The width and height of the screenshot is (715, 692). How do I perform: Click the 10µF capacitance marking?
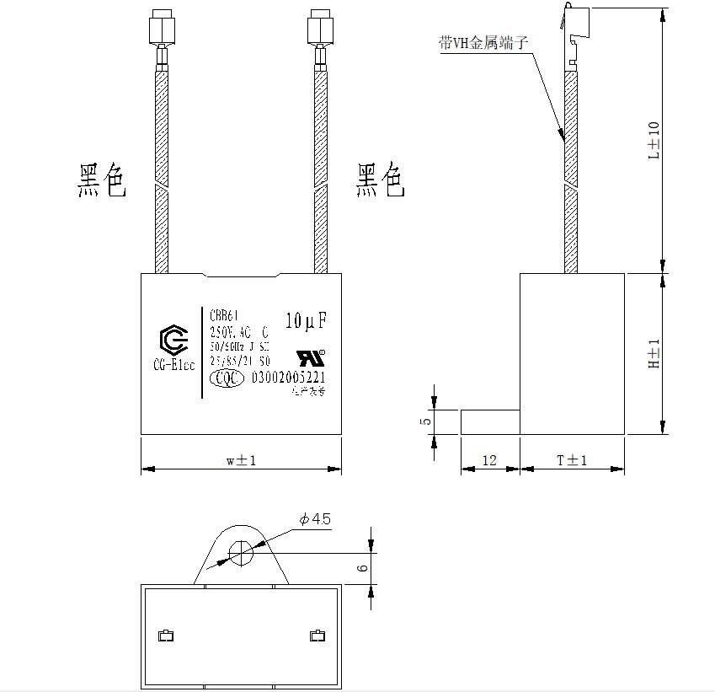(306, 321)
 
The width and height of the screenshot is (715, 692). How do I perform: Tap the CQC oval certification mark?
(225, 378)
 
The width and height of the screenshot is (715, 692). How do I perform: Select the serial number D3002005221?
(289, 378)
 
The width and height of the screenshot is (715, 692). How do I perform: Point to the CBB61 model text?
(224, 315)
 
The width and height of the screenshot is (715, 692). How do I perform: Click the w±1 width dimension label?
(240, 460)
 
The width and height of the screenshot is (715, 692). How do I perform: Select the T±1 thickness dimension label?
(572, 460)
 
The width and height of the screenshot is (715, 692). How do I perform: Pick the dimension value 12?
(488, 461)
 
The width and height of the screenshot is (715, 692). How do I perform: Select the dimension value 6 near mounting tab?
(362, 568)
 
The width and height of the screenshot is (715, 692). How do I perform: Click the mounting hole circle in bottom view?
(241, 553)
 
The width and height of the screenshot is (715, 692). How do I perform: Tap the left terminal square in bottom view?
(167, 636)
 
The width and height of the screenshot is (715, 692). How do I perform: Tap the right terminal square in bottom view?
(317, 636)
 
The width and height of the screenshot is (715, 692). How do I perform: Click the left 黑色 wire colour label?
(102, 180)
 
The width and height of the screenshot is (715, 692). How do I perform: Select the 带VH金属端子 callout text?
(483, 43)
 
